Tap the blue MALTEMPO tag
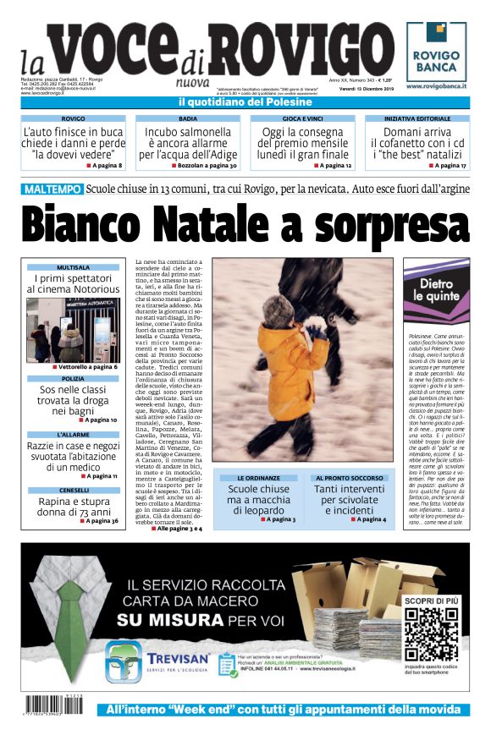point(52,189)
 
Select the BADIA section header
point(188,119)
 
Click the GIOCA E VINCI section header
point(302,119)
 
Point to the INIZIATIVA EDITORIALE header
point(417,119)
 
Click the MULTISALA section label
point(73,267)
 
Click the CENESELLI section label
point(73,491)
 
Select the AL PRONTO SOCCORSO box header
point(350,478)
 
